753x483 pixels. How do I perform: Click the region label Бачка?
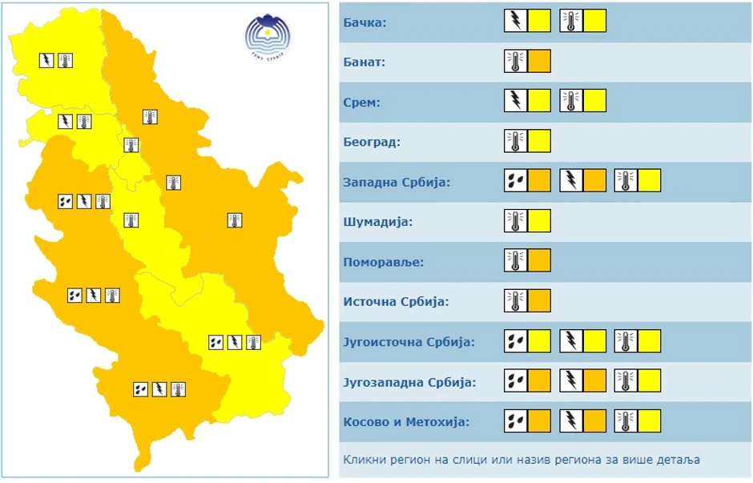click(364, 22)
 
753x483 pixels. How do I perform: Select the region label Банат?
click(364, 62)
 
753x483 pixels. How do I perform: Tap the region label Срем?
click(361, 102)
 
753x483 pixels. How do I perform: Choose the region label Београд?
click(371, 142)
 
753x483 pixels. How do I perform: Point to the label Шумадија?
click(377, 222)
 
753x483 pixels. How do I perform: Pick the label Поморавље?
click(383, 262)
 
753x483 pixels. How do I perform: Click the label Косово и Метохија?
click(406, 422)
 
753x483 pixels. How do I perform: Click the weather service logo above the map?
click(268, 37)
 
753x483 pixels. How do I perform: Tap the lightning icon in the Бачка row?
click(515, 21)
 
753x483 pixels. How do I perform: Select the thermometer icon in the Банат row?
click(515, 61)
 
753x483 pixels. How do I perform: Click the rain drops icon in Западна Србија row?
click(515, 181)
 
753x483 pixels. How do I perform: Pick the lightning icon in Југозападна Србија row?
click(570, 381)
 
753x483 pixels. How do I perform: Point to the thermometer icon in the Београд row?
click(515, 141)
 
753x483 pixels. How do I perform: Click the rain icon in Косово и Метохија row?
click(515, 421)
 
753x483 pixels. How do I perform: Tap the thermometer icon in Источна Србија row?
click(515, 301)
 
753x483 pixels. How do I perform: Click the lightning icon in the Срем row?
click(515, 101)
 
